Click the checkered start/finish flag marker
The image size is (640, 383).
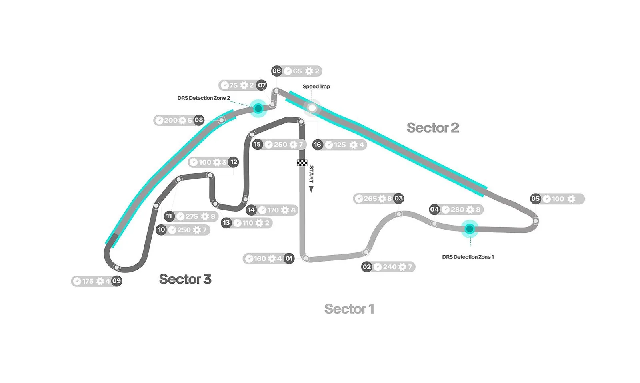pos(302,163)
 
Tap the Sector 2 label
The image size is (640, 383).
pos(432,128)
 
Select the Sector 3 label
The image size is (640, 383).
pos(185,279)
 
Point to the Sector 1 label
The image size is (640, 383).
pos(349,309)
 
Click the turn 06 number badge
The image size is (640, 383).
pos(277,71)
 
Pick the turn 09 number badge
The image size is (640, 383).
pos(116,281)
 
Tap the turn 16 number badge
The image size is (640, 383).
pos(318,145)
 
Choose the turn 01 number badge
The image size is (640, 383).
pos(289,258)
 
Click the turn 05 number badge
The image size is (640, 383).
pos(535,198)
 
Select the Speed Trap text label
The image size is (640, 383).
pos(316,87)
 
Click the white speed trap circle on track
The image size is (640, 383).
pos(312,107)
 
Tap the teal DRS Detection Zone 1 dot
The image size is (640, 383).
pos(470,229)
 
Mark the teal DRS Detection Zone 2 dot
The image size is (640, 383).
pos(258,108)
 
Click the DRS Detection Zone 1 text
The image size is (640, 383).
pos(468,257)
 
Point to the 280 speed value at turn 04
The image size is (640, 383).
pos(457,209)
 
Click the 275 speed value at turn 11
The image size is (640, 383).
pos(192,216)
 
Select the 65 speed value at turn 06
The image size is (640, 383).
pos(297,71)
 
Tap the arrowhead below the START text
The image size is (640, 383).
pos(311,189)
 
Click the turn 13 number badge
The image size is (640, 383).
pos(226,223)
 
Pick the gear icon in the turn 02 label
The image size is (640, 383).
pos(402,267)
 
